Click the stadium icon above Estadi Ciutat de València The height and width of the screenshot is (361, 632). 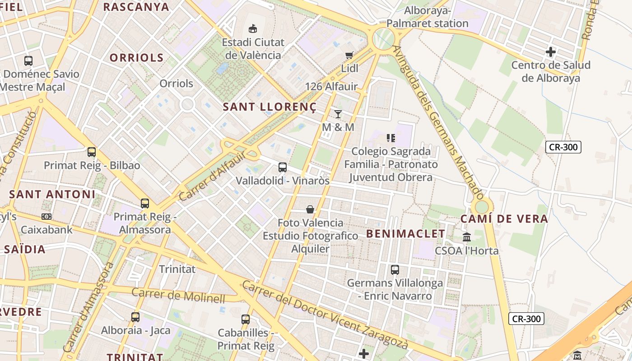252,29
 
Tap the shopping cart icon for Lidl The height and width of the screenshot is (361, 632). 349,55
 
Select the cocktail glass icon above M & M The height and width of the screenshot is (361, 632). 338,114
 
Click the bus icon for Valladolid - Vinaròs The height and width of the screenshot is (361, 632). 283,167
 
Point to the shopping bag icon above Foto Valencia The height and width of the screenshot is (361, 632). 310,209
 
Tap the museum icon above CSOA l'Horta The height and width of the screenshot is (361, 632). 467,237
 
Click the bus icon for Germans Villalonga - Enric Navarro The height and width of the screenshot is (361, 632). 395,270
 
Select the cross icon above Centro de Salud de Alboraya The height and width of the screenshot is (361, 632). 550,52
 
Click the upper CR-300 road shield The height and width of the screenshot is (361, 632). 563,147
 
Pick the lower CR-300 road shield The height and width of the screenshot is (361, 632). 526,319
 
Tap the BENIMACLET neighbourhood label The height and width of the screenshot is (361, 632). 405,233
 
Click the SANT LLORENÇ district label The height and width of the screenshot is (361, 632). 270,107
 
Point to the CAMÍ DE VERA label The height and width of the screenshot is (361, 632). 504,219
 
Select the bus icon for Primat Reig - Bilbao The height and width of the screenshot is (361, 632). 92,152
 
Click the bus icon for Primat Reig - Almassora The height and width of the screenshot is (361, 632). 145,204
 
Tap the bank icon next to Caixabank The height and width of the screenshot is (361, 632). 46,217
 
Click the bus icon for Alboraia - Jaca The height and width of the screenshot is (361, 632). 135,317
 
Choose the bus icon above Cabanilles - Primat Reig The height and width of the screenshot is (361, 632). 246,319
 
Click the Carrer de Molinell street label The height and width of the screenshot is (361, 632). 178,295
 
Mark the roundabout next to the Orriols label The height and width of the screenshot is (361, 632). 187,105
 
